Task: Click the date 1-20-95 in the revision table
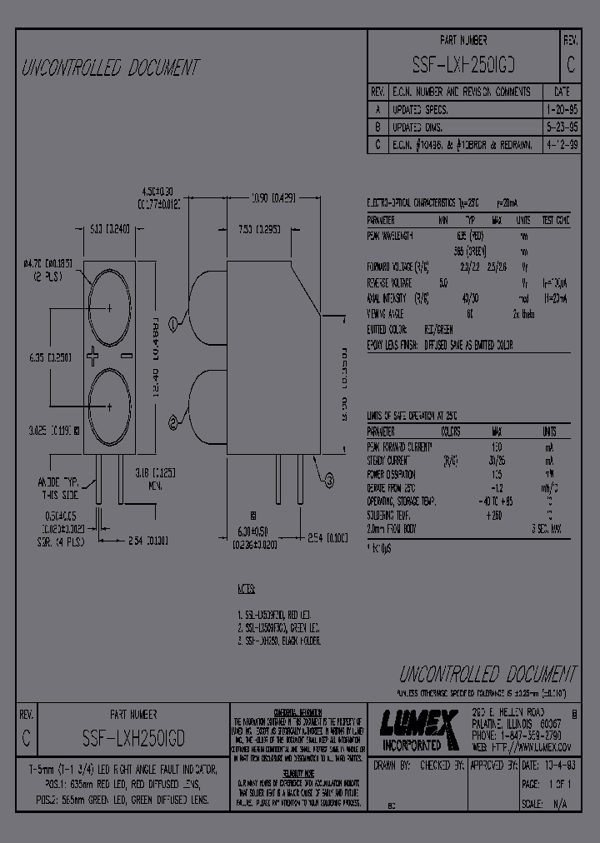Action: click(561, 110)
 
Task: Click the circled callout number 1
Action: click(173, 322)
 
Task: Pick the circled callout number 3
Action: click(327, 479)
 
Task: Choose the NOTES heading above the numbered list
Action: click(247, 590)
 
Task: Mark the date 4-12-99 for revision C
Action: click(561, 145)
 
